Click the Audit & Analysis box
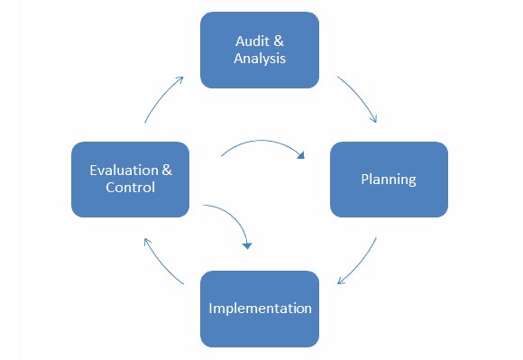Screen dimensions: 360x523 coord(260,50)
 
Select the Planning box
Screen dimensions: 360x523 coord(389,179)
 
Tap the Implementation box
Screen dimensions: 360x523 coord(260,309)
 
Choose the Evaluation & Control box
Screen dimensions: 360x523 coord(130,179)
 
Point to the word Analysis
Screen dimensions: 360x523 coord(260,60)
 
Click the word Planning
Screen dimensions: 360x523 coord(389,179)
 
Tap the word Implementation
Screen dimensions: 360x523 coord(260,309)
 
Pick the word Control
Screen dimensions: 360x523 coord(130,188)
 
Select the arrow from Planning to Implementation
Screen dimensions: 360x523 coord(360,262)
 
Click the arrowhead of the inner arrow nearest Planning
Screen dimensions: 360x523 coord(301,154)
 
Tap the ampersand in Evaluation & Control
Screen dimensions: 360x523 coord(167,170)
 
